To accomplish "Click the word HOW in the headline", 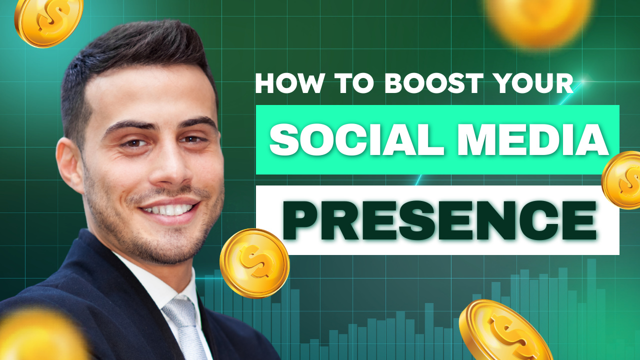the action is click(290, 83).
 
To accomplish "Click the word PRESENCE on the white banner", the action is click(439, 220).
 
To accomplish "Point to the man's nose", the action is click(168, 168).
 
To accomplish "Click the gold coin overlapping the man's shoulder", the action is click(254, 263).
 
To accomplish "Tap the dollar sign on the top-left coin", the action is click(51, 19).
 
